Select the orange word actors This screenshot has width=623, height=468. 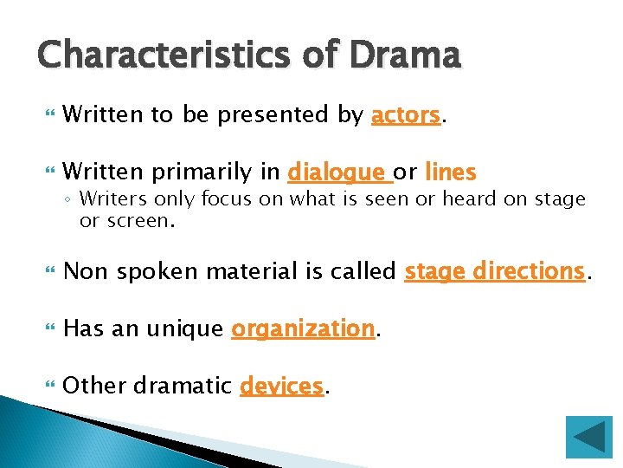(x=405, y=115)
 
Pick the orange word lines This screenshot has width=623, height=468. (x=451, y=172)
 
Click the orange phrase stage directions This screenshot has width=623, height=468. (x=495, y=271)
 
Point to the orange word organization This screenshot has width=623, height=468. (x=303, y=328)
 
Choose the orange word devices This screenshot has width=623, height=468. (x=282, y=386)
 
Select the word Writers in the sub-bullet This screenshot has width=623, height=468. (x=110, y=199)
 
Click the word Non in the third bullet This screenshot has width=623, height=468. (x=84, y=271)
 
